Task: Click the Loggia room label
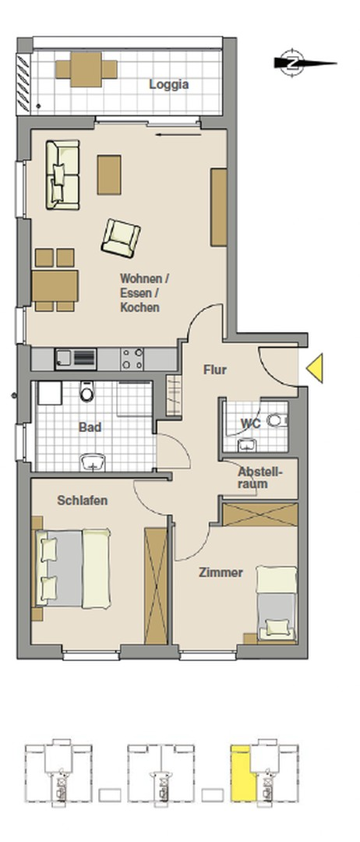point(168,84)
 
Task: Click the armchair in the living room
point(121,238)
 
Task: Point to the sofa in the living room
point(63,175)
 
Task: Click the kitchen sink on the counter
point(76,359)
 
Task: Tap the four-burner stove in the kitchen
point(132,359)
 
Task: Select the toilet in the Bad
point(87,391)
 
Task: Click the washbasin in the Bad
point(94,462)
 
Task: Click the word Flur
point(214,370)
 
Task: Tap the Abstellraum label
point(260,477)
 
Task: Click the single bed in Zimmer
point(277,603)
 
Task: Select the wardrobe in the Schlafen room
point(156,586)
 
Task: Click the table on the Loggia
point(86,69)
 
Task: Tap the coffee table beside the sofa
point(109,175)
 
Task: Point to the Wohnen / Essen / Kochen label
point(144,293)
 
